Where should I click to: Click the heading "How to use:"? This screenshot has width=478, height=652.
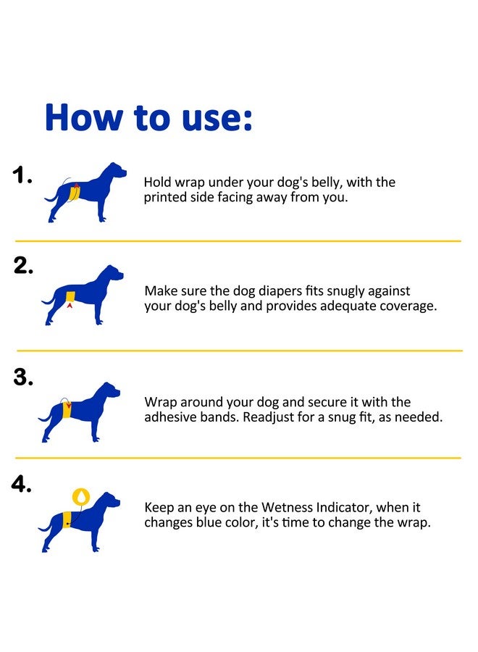tap(148, 117)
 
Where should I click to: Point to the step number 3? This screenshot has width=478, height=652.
tap(22, 378)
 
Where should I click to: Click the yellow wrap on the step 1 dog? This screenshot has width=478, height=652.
tap(75, 192)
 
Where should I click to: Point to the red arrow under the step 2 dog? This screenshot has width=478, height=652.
tap(70, 307)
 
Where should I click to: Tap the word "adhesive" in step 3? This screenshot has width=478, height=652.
tap(169, 417)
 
